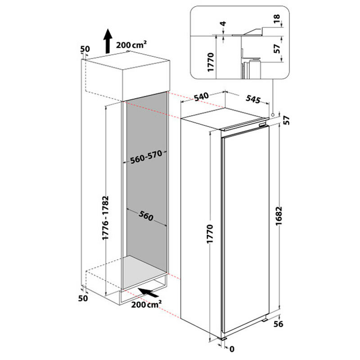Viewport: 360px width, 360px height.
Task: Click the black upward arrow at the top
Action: (108, 41)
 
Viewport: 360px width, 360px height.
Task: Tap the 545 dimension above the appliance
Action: (253, 99)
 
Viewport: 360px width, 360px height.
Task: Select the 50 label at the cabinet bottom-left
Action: (82, 298)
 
